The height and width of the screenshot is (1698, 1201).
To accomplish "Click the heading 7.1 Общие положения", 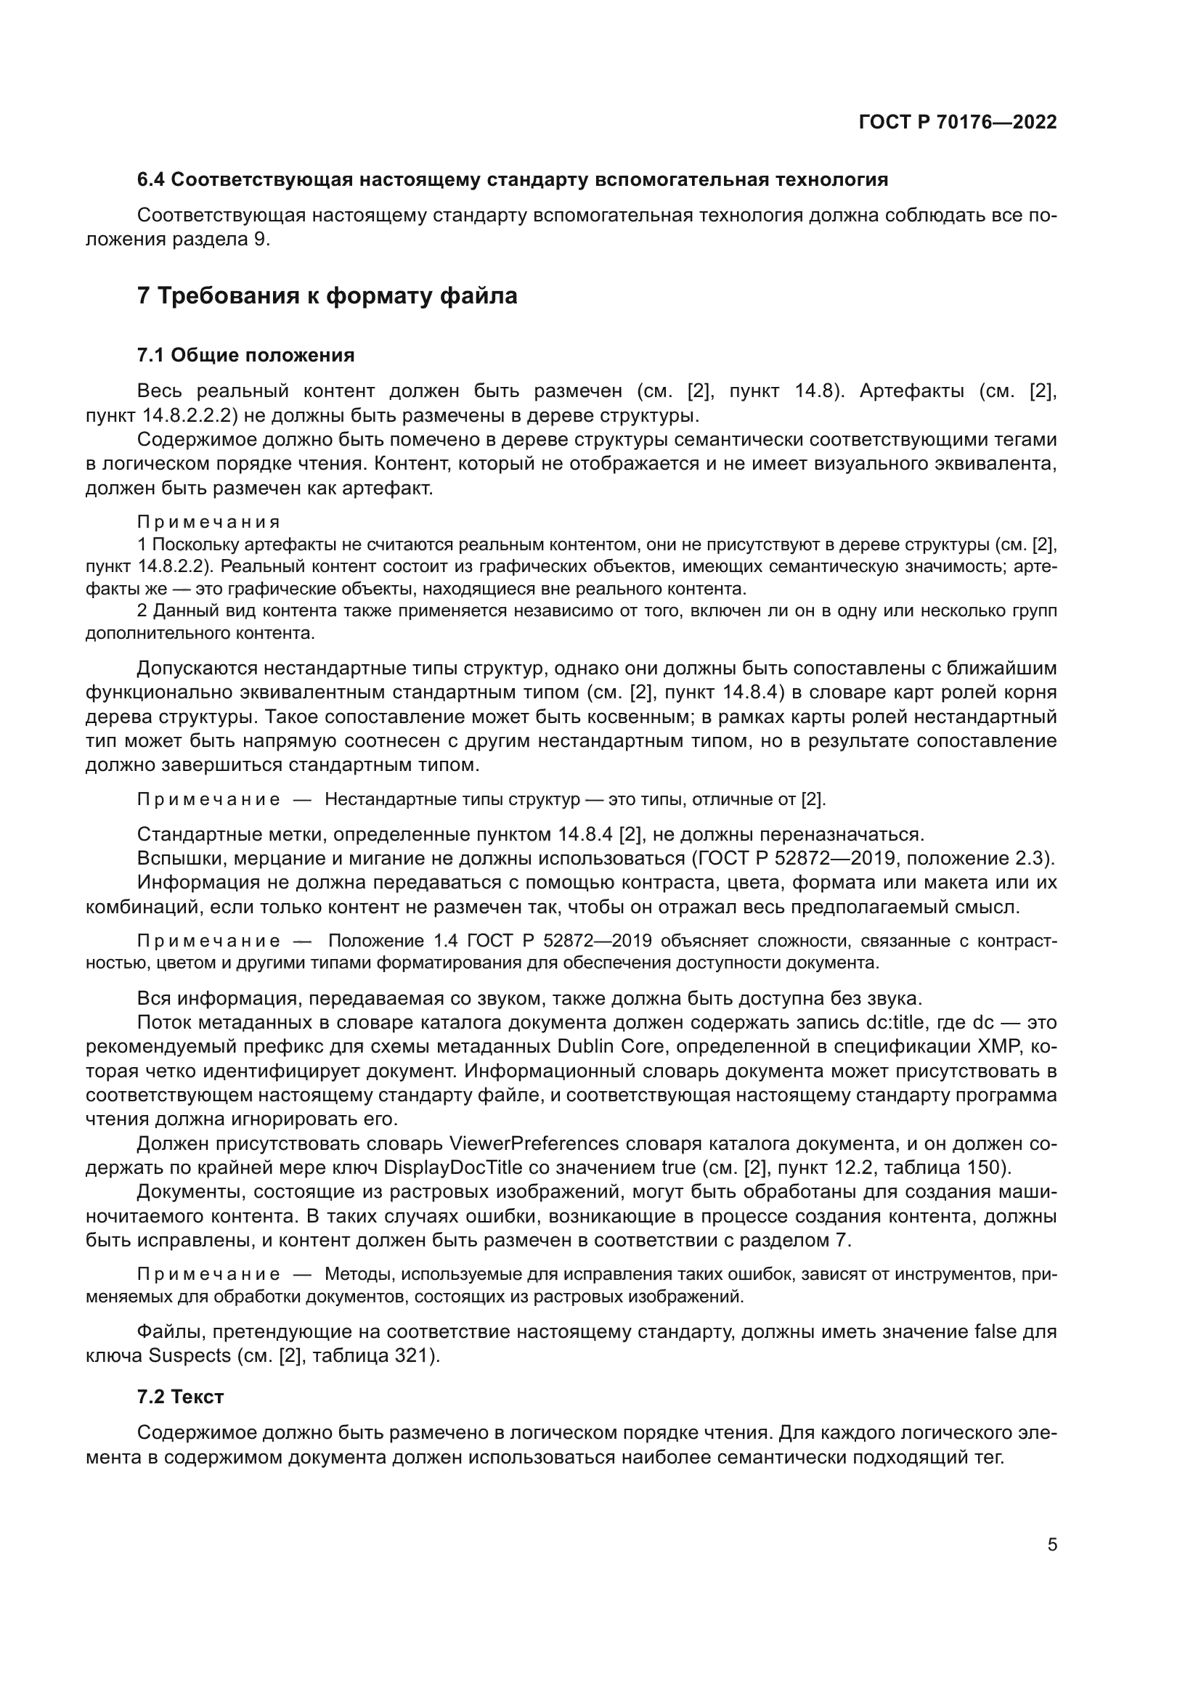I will click(245, 355).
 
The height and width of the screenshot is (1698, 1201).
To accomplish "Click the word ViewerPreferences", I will click(533, 1143).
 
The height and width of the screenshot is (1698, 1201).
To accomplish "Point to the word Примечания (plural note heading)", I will click(208, 523).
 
